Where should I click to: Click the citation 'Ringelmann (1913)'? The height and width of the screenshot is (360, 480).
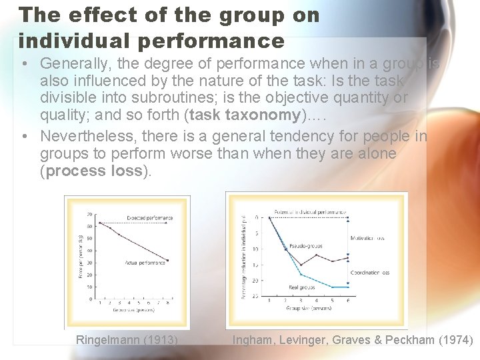[x=127, y=340]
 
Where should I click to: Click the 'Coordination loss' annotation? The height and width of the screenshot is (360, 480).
[x=369, y=272]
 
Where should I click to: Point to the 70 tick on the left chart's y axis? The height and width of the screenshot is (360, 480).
[x=89, y=215]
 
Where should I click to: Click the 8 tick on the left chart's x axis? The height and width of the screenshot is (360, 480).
[x=167, y=303]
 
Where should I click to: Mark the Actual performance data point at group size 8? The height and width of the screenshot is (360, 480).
[x=167, y=260]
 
